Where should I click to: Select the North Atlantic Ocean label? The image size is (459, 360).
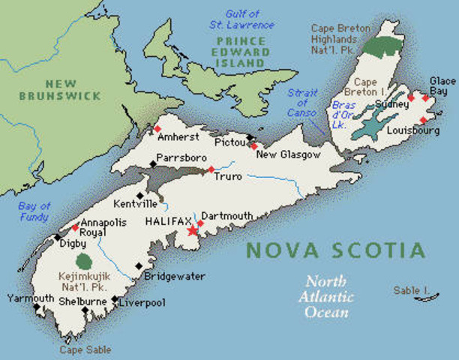326,297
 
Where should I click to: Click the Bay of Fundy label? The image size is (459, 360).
34,211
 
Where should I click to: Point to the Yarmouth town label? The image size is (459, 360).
30,298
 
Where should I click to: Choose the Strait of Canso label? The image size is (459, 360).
302,102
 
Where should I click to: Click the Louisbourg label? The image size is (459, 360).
409,130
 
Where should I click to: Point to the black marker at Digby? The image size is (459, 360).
58,237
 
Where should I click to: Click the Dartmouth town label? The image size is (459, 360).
226,215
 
